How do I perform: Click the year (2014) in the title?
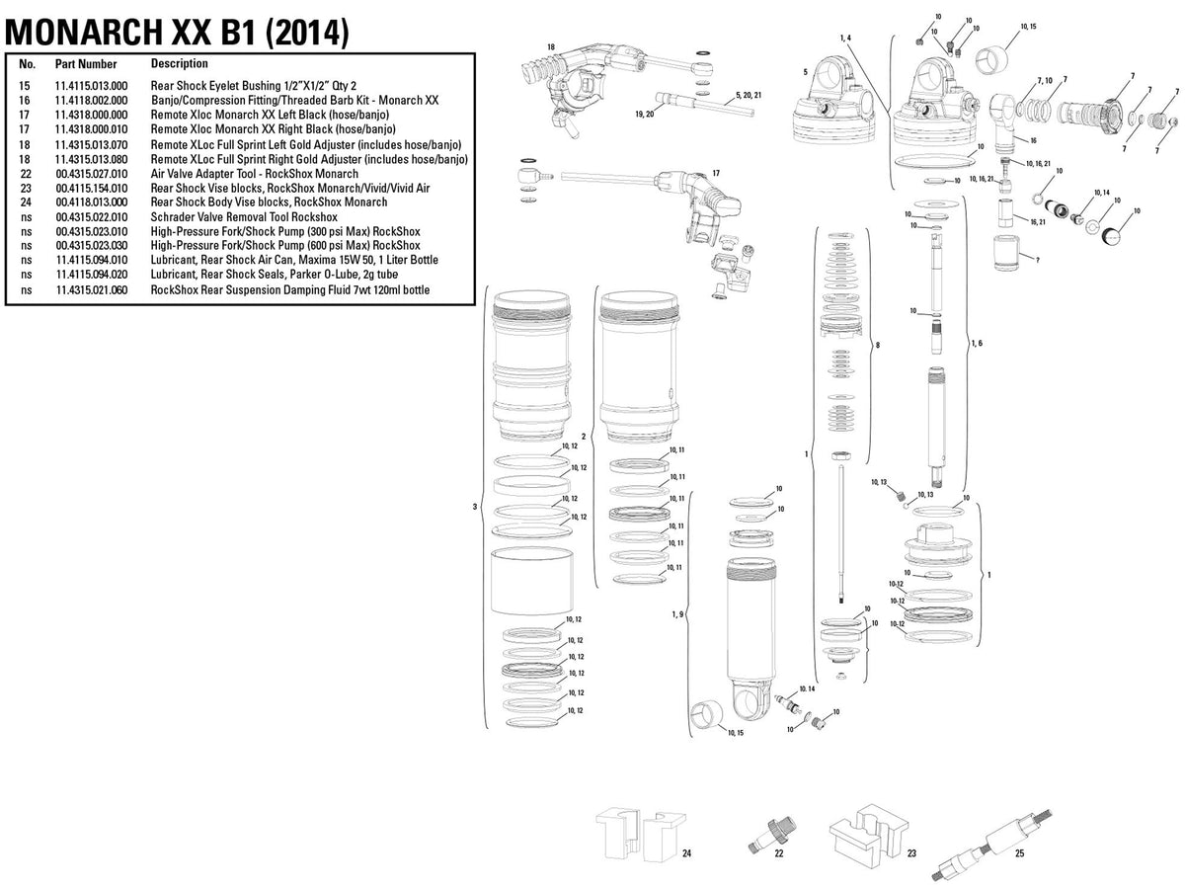point(307,33)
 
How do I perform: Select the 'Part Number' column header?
point(86,64)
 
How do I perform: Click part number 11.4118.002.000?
point(91,101)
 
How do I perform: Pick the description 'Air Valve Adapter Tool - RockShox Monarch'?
point(254,174)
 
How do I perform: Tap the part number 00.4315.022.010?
point(92,217)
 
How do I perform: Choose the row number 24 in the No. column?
point(26,202)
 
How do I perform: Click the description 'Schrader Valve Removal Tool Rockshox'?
point(244,217)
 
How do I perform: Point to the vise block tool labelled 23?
point(868,834)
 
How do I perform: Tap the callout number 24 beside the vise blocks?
point(686,853)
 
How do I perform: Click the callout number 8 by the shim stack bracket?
point(878,345)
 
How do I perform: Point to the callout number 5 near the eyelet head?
point(806,72)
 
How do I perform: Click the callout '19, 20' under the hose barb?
point(645,115)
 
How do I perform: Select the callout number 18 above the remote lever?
point(551,47)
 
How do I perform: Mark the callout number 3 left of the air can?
point(475,507)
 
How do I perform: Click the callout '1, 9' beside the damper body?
point(678,614)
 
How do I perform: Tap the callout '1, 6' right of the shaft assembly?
point(978,344)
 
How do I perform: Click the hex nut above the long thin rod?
point(841,456)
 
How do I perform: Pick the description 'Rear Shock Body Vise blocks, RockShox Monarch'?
point(269,202)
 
